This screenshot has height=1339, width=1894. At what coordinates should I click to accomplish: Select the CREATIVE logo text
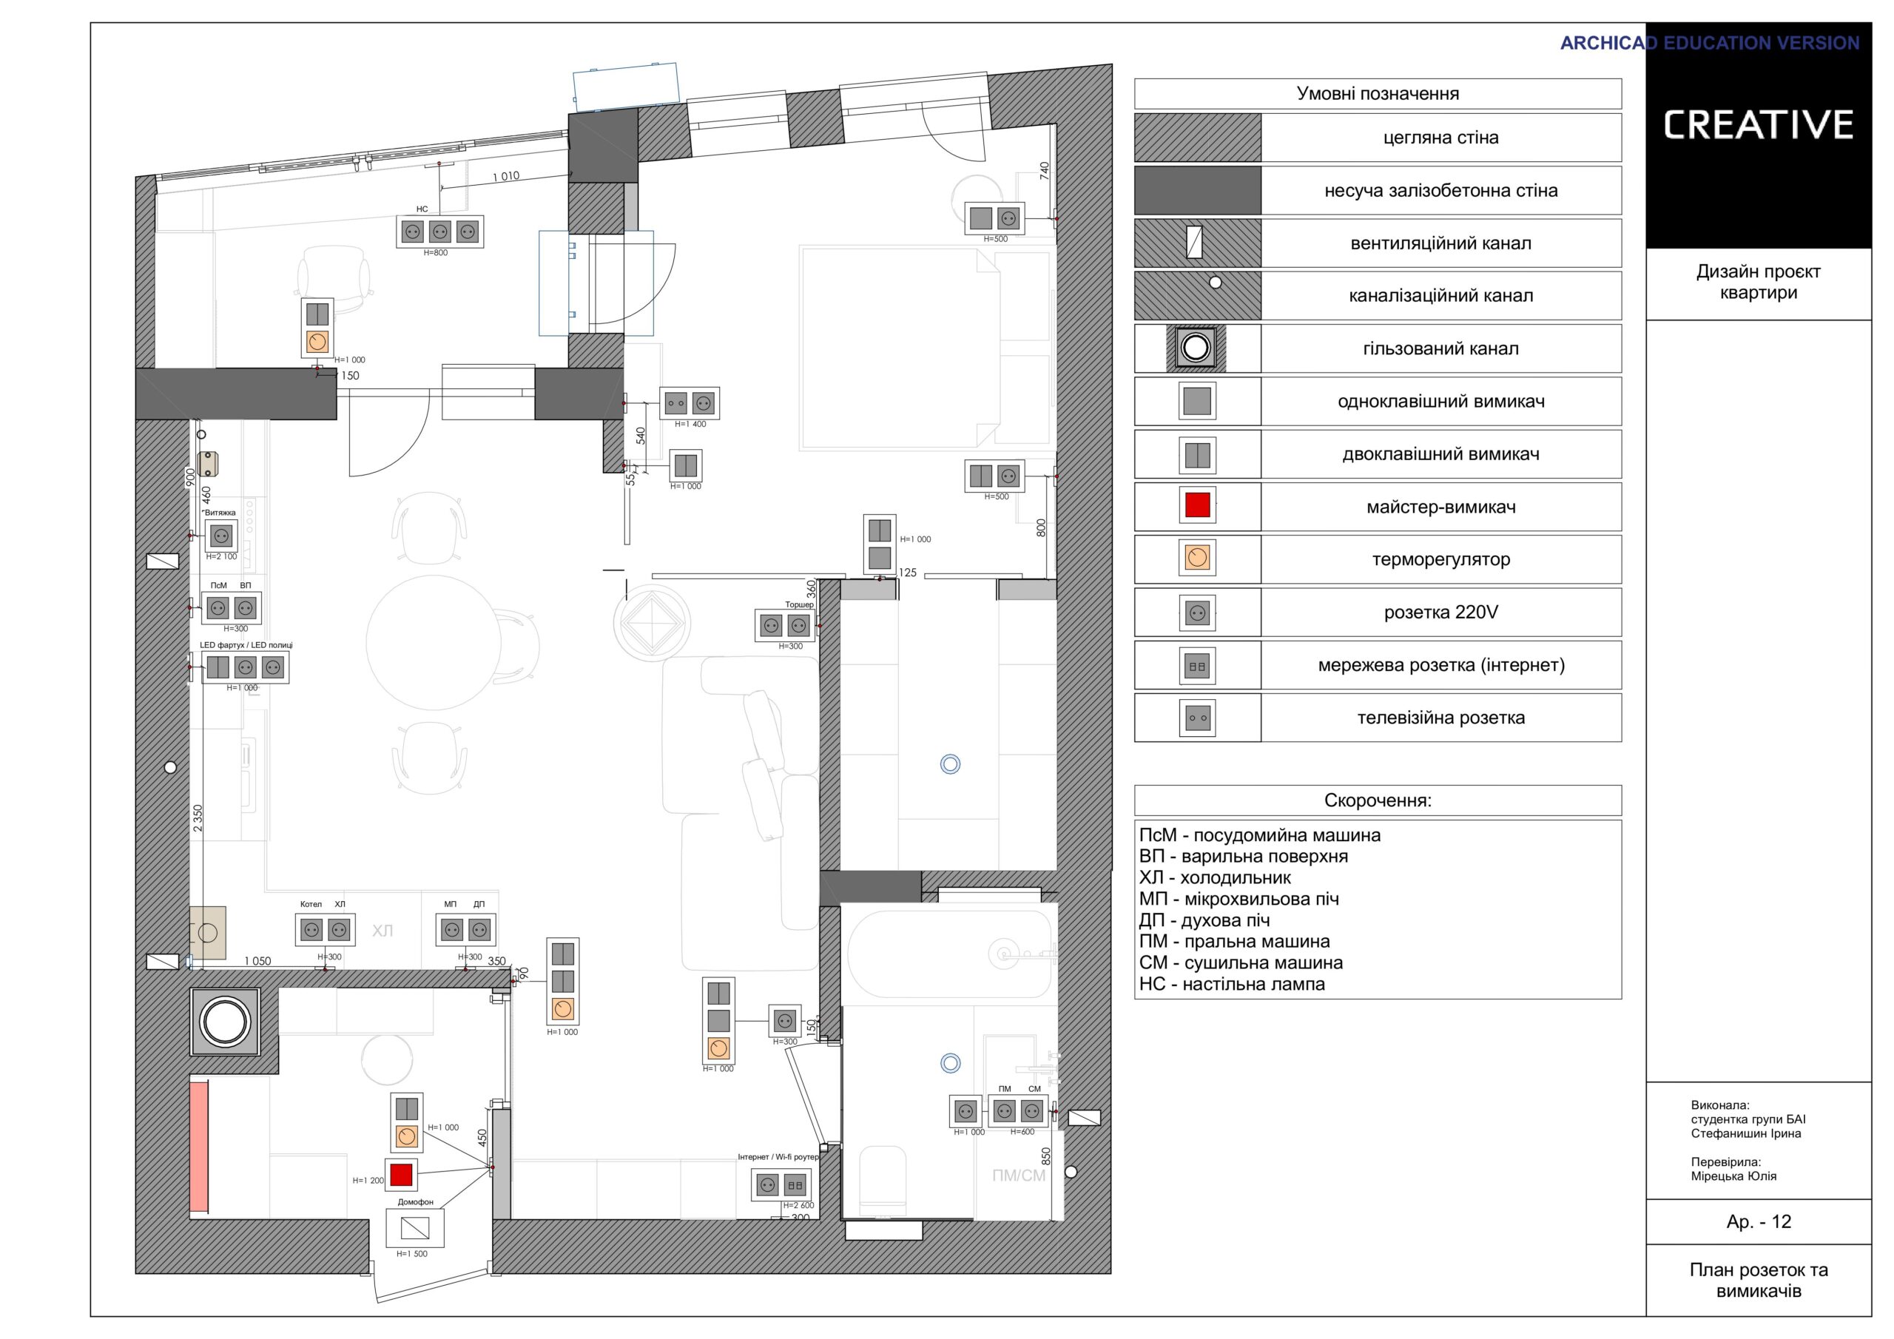[x=1758, y=126]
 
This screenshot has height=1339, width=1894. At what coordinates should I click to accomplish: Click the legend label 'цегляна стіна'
[x=1440, y=138]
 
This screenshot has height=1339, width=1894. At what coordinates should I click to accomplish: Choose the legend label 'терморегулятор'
[x=1440, y=559]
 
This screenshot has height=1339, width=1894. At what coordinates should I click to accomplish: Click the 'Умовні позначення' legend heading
[x=1378, y=93]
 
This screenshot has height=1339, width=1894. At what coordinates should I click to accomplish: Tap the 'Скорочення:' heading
[x=1378, y=800]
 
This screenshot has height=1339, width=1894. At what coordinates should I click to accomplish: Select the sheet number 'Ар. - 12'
[x=1759, y=1222]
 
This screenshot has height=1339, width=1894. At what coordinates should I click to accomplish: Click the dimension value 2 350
[x=197, y=817]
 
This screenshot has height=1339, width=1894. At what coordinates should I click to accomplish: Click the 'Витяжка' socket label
[x=220, y=513]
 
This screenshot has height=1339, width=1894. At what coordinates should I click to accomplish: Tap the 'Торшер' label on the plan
[x=798, y=604]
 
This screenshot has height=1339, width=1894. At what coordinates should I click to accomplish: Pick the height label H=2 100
[x=221, y=557]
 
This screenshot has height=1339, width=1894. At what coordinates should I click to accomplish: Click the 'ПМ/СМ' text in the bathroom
[x=1019, y=1176]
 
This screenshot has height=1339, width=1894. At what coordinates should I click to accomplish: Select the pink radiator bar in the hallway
[x=199, y=1147]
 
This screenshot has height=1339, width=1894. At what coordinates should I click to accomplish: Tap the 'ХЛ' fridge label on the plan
[x=382, y=931]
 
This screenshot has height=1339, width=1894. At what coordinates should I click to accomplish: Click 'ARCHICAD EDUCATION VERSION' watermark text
[x=1709, y=43]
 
